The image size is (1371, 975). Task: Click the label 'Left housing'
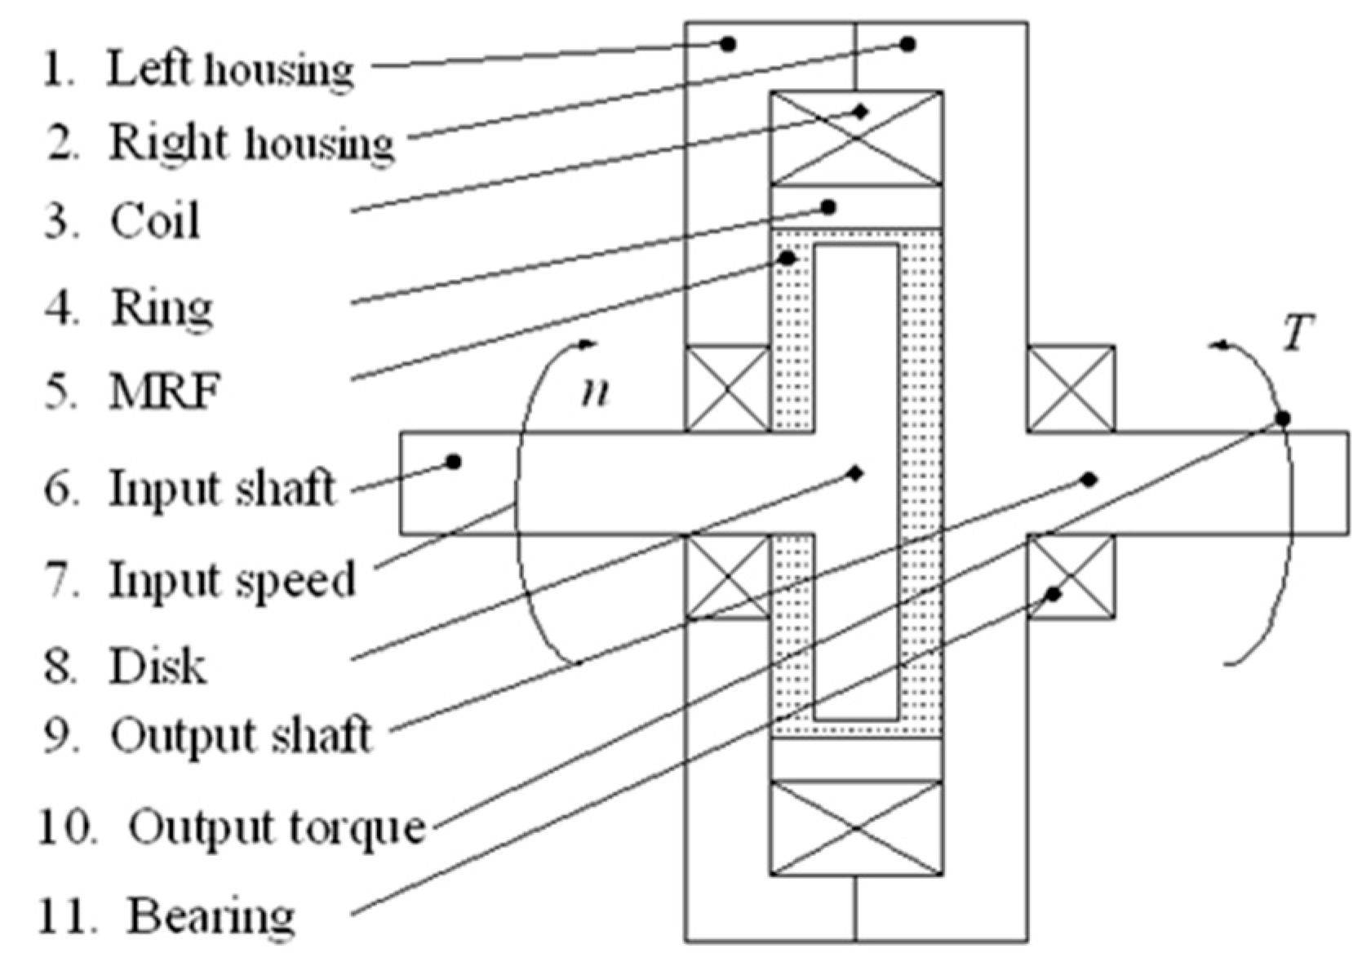tap(230, 69)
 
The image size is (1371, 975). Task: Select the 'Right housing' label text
tap(251, 143)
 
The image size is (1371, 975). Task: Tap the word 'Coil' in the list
tap(155, 221)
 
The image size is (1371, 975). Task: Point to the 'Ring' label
tap(162, 308)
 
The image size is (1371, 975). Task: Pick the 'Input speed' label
tap(233, 580)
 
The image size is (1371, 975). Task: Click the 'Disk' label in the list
tap(158, 666)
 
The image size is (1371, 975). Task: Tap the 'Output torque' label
tap(277, 827)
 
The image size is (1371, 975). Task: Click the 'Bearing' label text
tap(211, 915)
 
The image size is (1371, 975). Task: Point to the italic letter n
tap(596, 392)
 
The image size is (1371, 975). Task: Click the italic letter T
tap(1298, 333)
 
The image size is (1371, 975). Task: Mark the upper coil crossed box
tap(857, 138)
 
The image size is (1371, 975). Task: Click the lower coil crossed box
tap(857, 828)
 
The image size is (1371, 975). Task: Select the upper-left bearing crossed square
tap(727, 388)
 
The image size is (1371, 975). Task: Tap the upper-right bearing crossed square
tap(1071, 388)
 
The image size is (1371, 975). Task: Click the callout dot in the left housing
tap(729, 44)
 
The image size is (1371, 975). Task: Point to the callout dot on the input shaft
tap(454, 463)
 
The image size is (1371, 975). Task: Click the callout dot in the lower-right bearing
tap(1054, 594)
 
